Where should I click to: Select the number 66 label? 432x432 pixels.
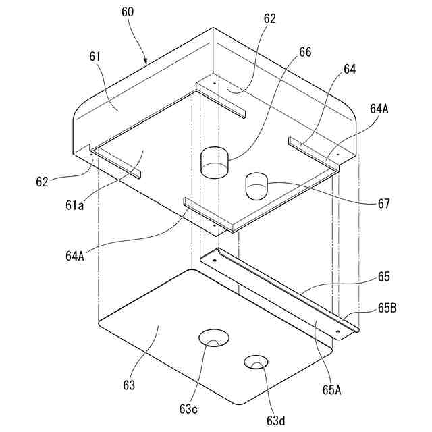tap(305, 52)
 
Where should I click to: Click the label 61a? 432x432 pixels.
tap(74, 205)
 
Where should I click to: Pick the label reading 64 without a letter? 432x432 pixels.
tap(350, 70)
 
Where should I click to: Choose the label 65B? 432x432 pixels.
tap(387, 308)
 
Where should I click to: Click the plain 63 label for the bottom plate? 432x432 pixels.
tap(129, 385)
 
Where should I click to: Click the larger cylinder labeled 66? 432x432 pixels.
tap(215, 162)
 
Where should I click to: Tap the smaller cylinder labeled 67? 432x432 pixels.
tap(256, 186)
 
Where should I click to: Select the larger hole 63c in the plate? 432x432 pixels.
tap(213, 338)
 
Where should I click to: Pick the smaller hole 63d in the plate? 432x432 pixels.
tap(256, 362)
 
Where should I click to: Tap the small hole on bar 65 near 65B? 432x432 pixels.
tap(338, 331)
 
